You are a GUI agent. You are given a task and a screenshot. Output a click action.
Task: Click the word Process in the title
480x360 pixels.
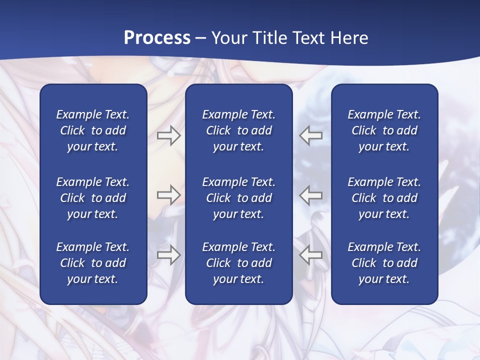[x=157, y=38]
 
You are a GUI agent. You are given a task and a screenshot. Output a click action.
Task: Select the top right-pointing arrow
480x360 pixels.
[x=168, y=135]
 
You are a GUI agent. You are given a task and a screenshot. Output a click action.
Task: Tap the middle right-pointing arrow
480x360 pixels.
[x=168, y=195]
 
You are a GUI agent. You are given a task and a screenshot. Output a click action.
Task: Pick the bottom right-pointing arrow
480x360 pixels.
[x=168, y=255]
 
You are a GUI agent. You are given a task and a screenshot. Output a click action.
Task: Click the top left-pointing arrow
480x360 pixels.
[x=311, y=135]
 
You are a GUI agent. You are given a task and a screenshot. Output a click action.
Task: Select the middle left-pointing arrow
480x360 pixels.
[x=311, y=195]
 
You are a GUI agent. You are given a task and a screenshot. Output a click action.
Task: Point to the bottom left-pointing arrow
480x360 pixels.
[x=311, y=255]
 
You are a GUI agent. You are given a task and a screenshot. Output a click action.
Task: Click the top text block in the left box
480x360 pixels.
[x=92, y=130]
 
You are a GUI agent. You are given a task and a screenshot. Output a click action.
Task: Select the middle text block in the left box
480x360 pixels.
[x=92, y=198]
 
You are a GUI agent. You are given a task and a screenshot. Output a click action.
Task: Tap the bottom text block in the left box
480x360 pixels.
[x=92, y=263]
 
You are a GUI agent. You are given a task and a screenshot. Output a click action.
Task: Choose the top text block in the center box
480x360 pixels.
[x=238, y=130]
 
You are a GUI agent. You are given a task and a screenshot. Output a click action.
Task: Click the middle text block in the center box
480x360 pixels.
[x=238, y=198]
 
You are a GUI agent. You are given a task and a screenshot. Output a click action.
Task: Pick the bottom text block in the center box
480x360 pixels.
[x=238, y=263]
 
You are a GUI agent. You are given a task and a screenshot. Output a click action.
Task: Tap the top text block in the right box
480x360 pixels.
[x=384, y=130]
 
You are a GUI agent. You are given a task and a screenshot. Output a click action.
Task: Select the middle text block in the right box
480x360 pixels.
[x=384, y=198]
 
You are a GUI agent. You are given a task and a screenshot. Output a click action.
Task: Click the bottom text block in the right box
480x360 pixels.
[x=384, y=263]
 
